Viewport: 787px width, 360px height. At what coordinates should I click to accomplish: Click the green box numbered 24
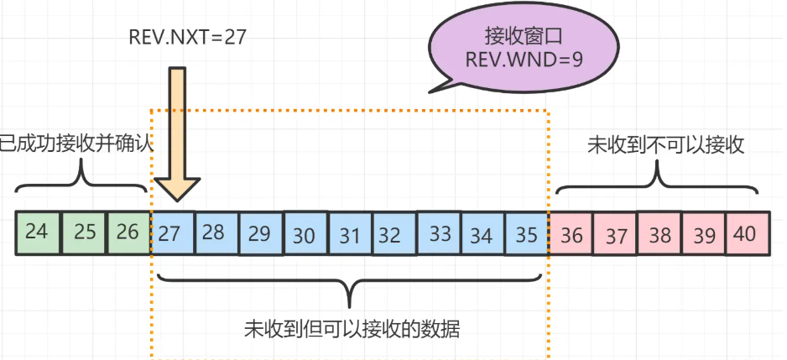(38, 232)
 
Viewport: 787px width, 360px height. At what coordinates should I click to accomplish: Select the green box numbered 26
(128, 232)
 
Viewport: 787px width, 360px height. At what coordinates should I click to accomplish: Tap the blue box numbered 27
(172, 233)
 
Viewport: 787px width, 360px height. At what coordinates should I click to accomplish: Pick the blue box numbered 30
(305, 234)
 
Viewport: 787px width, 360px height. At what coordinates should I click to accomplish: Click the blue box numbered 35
(526, 233)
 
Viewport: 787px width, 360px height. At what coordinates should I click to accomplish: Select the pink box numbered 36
(571, 234)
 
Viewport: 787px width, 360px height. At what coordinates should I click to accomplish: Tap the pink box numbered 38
(659, 234)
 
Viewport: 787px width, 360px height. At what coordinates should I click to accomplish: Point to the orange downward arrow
(177, 134)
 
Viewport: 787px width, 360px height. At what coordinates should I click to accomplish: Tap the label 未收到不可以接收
(665, 144)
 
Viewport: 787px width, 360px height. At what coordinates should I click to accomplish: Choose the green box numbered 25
(83, 232)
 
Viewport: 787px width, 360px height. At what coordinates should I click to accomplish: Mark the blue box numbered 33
(440, 234)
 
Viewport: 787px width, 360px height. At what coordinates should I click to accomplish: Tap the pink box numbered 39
(703, 234)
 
